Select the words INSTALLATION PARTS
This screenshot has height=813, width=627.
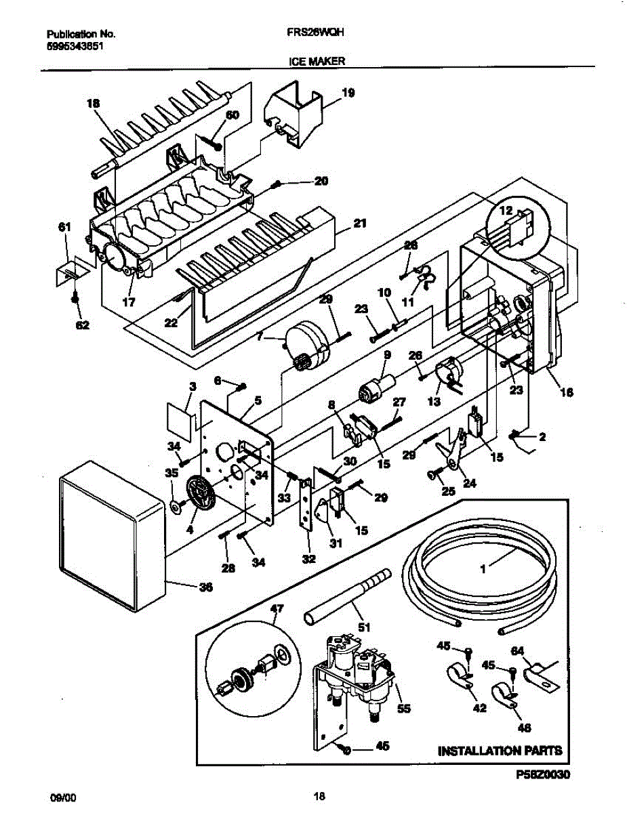(500, 751)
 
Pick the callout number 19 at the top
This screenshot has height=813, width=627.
(347, 92)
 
